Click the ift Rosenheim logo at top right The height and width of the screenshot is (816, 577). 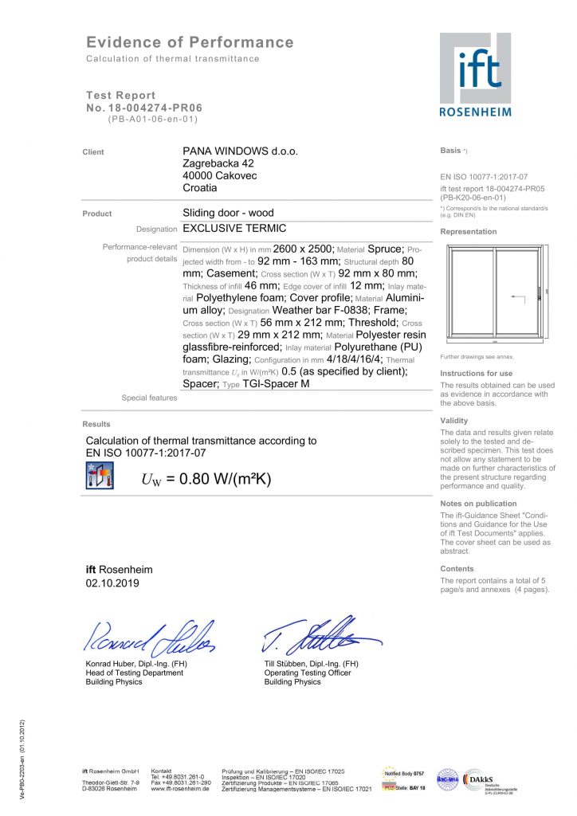pyautogui.click(x=475, y=74)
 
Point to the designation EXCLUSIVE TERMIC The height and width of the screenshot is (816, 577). pyautogui.click(x=234, y=228)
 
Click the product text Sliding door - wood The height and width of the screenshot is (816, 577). pyautogui.click(x=228, y=213)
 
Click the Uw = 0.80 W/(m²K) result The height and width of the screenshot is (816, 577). pyautogui.click(x=206, y=479)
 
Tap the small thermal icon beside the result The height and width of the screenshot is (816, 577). pyautogui.click(x=100, y=475)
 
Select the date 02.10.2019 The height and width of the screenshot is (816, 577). pyautogui.click(x=112, y=583)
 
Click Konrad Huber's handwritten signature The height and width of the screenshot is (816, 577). pyautogui.click(x=148, y=635)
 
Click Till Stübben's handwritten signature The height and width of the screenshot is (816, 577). pyautogui.click(x=319, y=634)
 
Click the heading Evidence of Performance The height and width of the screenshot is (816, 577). pyautogui.click(x=190, y=42)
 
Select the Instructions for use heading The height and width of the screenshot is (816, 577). pyautogui.click(x=476, y=373)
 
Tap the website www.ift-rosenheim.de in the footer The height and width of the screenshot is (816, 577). pyautogui.click(x=180, y=789)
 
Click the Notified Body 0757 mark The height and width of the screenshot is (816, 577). pyautogui.click(x=404, y=773)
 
